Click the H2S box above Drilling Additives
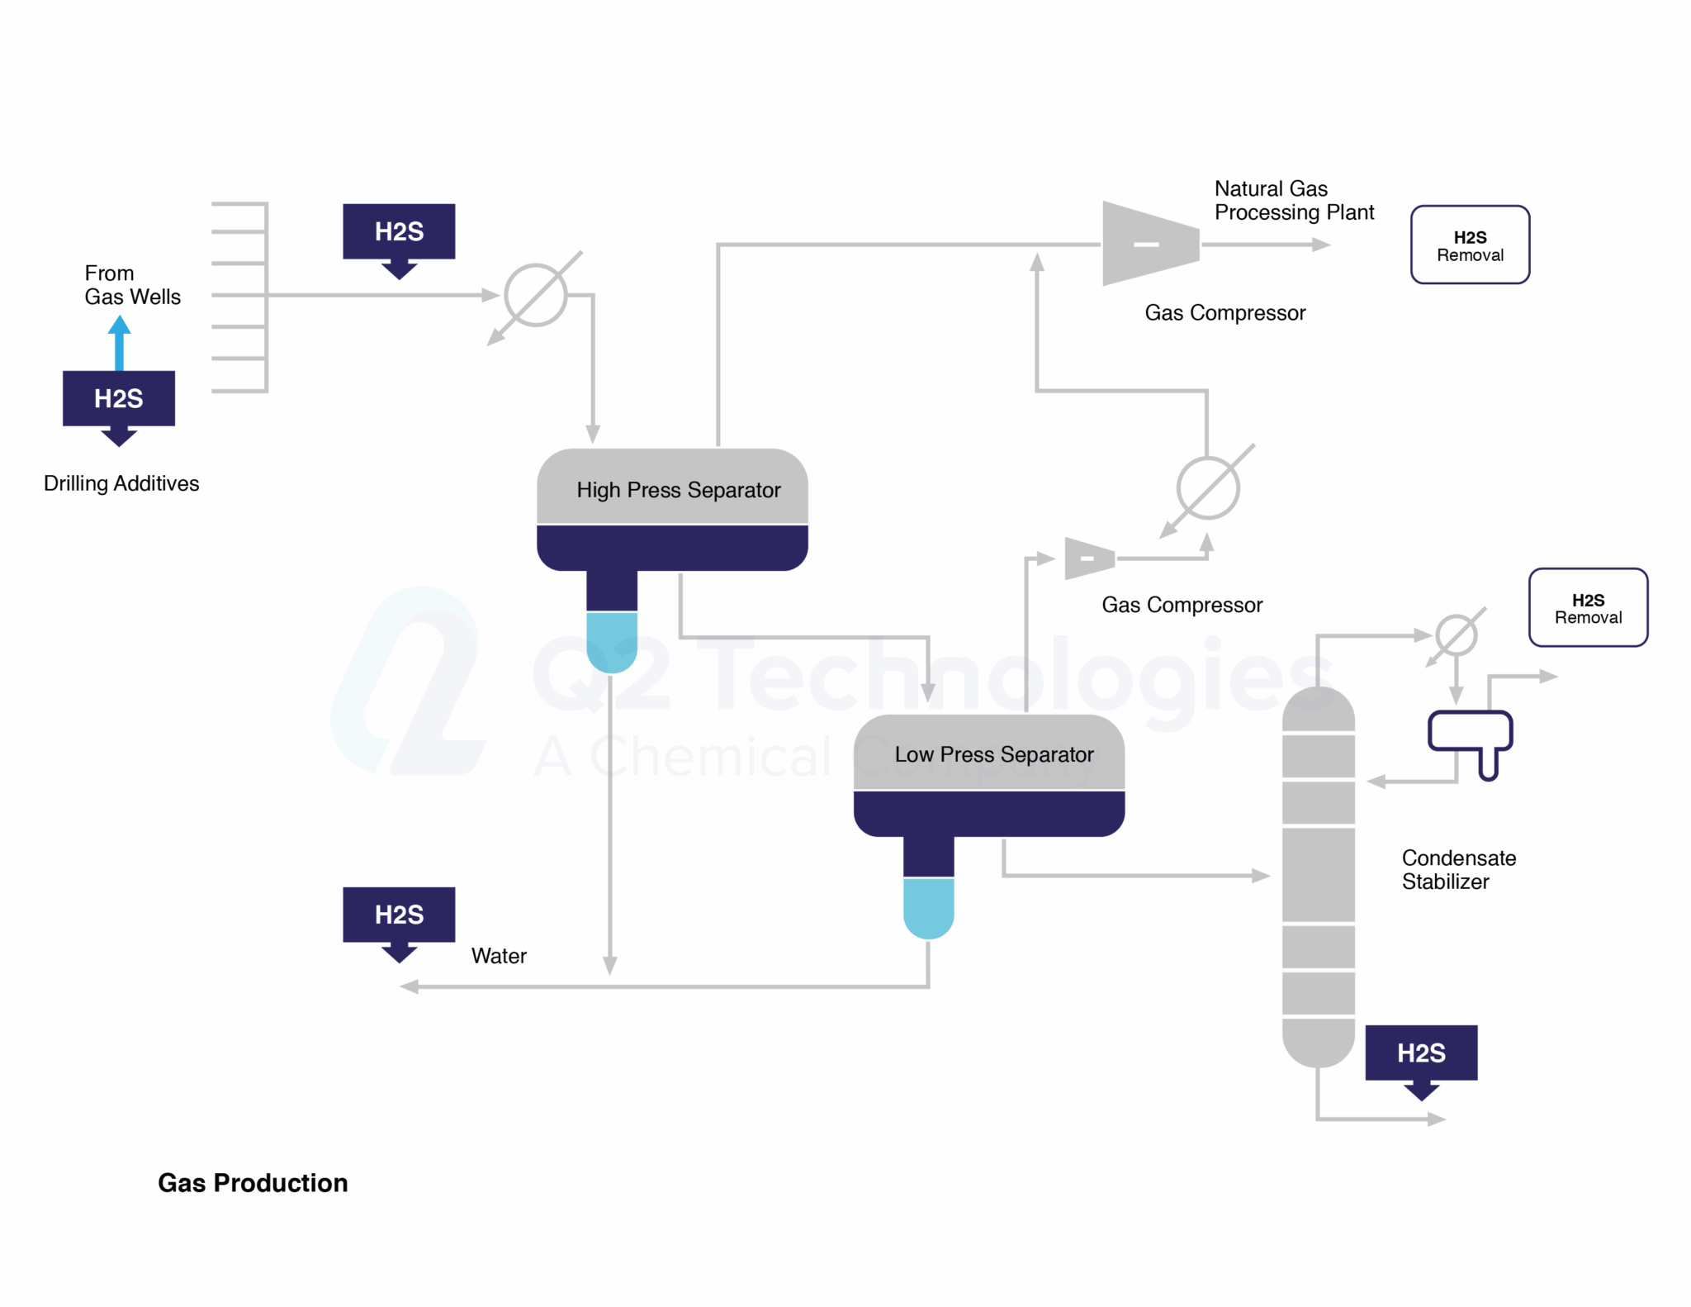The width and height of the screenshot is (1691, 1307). point(118,398)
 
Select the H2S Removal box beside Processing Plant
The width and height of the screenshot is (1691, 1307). point(1469,245)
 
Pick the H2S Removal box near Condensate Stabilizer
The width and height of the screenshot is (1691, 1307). point(1587,608)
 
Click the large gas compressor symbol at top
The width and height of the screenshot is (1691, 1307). point(1149,244)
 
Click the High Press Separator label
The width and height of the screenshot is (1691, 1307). point(677,490)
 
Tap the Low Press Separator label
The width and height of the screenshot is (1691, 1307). point(993,754)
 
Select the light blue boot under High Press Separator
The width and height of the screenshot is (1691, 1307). point(611,641)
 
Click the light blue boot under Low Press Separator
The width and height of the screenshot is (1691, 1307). point(927,907)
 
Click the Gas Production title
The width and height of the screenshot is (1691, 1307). point(253,1182)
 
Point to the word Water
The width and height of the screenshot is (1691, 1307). point(498,956)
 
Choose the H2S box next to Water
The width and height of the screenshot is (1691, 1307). point(399,915)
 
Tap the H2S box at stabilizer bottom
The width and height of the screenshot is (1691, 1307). point(1420,1053)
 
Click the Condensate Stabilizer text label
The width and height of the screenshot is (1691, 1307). point(1458,869)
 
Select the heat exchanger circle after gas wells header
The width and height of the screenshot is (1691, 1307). point(535,295)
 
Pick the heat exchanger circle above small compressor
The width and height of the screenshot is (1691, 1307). point(1207,488)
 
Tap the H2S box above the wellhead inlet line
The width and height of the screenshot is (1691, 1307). point(399,231)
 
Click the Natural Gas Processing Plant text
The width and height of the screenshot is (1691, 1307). point(1293,201)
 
